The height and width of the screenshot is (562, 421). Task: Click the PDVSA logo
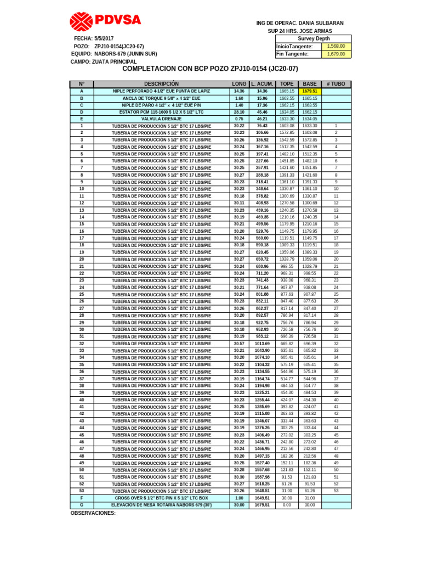coord(105,21)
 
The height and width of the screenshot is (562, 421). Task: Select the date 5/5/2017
coord(104,38)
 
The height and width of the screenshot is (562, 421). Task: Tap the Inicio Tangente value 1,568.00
coord(335,47)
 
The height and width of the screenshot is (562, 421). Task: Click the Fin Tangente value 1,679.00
coord(335,54)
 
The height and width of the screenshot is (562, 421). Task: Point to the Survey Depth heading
coord(314,39)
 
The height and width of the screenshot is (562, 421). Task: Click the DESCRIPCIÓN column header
coord(161,84)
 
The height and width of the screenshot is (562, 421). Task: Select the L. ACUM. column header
coord(262,84)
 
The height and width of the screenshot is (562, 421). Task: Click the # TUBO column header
coord(336,84)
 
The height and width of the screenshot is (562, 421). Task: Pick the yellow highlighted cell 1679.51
coord(310,91)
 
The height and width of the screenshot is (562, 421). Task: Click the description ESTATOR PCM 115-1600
coord(161,112)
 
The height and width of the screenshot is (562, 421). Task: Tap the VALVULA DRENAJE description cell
coord(161,119)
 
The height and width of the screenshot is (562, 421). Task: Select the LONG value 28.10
coord(239,112)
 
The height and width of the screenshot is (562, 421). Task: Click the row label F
coord(82,498)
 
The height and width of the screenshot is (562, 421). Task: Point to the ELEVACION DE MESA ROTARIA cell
coord(161,505)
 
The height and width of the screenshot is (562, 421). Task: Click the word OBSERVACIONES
coord(93,513)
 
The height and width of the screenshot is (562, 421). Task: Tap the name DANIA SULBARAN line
coord(300,23)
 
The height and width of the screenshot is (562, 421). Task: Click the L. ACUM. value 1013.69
coord(262,344)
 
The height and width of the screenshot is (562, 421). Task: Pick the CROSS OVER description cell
coord(161,498)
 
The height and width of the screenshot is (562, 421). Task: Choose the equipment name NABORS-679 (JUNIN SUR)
coord(126,54)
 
